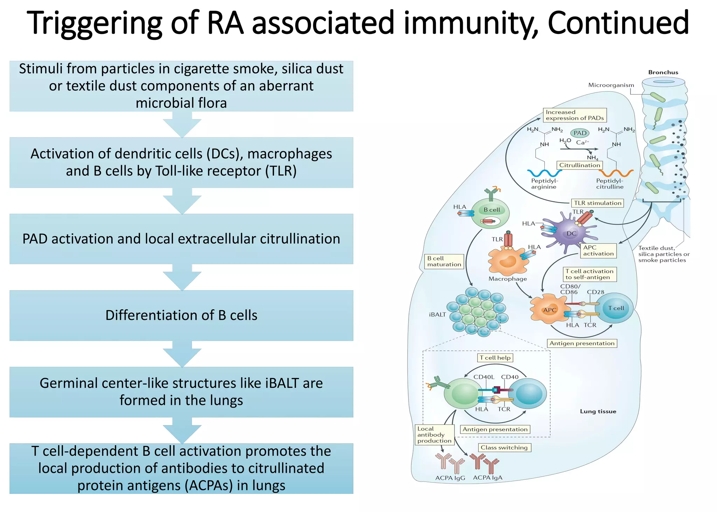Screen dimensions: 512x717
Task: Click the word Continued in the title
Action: click(x=618, y=23)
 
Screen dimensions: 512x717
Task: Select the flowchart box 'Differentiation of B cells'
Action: click(x=181, y=315)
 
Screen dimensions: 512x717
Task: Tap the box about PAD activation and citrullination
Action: click(x=181, y=239)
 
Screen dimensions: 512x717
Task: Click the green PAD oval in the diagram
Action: click(x=580, y=133)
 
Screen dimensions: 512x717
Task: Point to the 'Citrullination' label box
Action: click(x=579, y=165)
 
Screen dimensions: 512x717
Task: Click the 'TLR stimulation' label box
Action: click(x=597, y=203)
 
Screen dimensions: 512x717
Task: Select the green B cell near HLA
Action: click(x=490, y=213)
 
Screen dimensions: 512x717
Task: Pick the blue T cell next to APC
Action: click(x=615, y=308)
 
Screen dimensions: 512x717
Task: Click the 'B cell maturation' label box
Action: click(x=444, y=261)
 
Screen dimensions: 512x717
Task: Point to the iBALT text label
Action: click(x=437, y=315)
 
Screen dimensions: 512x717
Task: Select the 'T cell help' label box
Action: click(x=495, y=358)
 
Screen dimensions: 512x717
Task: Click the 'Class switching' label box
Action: click(x=504, y=448)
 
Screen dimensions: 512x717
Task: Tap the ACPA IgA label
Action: click(x=487, y=478)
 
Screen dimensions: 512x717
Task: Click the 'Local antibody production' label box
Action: click(x=434, y=435)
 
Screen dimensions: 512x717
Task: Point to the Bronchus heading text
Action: click(x=663, y=72)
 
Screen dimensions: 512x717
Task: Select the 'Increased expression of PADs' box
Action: click(x=575, y=115)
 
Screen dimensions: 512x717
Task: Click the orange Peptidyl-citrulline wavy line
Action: click(x=616, y=173)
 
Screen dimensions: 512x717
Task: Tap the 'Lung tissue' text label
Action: click(x=598, y=412)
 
